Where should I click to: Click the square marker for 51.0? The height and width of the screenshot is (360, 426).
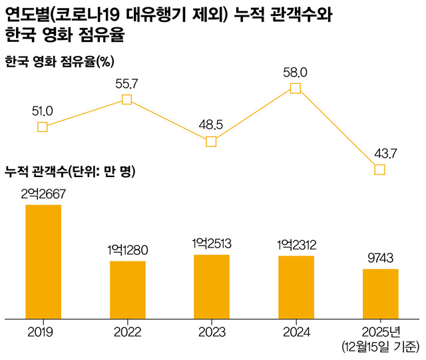click(43, 127)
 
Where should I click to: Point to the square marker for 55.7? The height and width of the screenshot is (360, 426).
click(127, 100)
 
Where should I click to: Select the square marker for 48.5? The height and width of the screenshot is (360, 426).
click(211, 141)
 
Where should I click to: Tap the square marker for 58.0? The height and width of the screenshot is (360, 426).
click(296, 88)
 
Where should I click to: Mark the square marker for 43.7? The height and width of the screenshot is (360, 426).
click(379, 170)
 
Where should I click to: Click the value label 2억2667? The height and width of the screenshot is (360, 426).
click(43, 194)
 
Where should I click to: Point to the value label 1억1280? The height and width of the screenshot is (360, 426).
click(127, 250)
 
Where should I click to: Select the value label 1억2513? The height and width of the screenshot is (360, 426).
click(212, 244)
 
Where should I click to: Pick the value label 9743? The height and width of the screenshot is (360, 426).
click(380, 258)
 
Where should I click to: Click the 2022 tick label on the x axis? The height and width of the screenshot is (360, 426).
click(127, 331)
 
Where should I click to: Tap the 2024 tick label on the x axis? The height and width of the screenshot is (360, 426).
click(296, 331)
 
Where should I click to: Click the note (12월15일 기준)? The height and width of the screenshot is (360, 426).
click(380, 346)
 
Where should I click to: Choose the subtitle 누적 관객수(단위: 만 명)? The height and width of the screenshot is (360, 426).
click(70, 172)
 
